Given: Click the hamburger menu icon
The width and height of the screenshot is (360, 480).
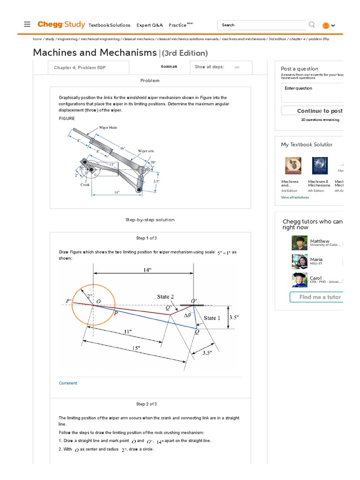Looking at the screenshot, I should point(27,25).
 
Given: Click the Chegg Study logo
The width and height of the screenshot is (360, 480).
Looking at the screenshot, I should point(60,24).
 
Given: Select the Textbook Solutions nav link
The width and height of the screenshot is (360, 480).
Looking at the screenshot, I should point(109,25).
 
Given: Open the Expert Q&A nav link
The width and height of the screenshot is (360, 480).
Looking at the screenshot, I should point(150,25).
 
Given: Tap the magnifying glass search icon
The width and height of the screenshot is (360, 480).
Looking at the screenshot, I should point(312,24).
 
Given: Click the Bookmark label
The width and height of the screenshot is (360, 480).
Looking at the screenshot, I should point(169,67).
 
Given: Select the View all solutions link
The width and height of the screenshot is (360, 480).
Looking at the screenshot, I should point(295,197).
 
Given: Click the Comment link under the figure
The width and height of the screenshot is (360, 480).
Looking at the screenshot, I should point(68,383).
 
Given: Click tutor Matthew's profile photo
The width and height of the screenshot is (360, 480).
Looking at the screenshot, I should point(300,243).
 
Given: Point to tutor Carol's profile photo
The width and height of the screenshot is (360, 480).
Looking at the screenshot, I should point(300,280).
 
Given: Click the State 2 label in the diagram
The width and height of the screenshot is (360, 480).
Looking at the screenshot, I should point(165,297).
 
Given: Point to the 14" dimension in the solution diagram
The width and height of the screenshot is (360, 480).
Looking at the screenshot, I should point(147,270).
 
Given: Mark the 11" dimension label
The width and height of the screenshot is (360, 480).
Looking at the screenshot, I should point(128,331).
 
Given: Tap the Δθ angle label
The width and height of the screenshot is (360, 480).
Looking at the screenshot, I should point(187,315).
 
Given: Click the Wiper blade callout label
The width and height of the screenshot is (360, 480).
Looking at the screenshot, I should point(108,127).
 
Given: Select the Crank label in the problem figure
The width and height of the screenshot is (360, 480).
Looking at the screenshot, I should point(85,185).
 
